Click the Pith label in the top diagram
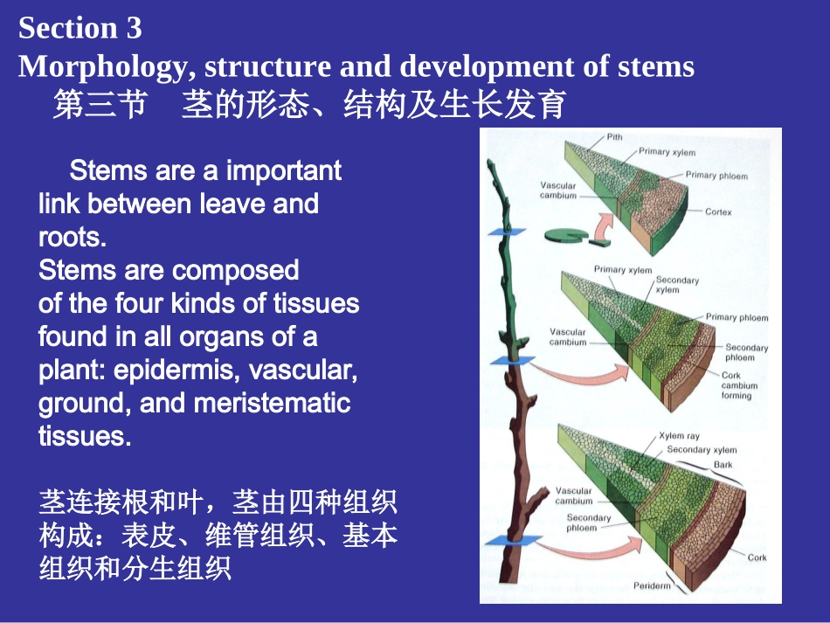tap(614, 137)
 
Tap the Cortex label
tap(718, 212)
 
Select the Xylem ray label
tap(679, 436)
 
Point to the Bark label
tap(723, 465)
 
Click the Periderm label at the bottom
tap(652, 585)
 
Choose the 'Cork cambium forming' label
tap(738, 385)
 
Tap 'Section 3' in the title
tap(80, 28)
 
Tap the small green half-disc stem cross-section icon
tap(562, 233)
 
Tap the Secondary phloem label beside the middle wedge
tap(746, 352)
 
